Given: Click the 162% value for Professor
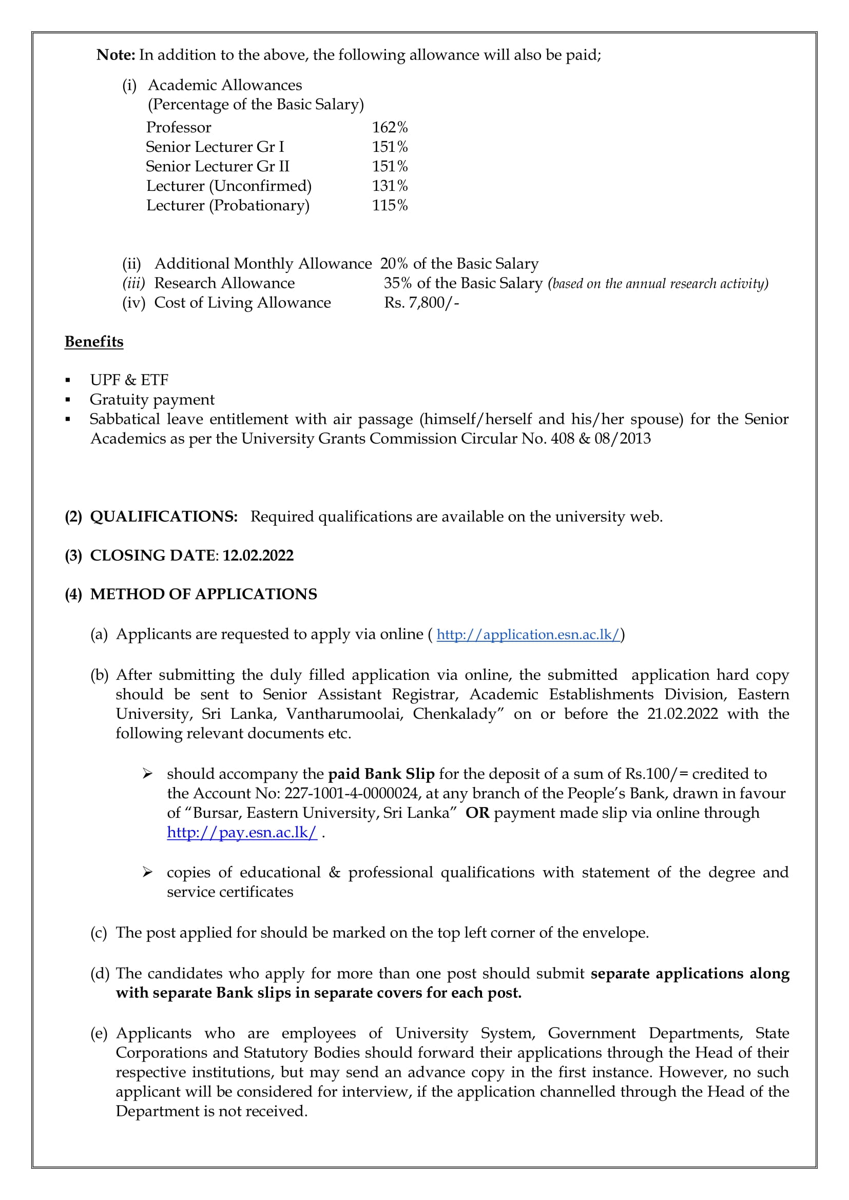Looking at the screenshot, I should pyautogui.click(x=390, y=128).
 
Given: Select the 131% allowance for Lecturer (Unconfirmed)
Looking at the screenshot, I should pyautogui.click(x=390, y=186).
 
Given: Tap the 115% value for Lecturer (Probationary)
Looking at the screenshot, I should pyautogui.click(x=390, y=205).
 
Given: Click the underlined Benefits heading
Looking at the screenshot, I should pyautogui.click(x=94, y=342).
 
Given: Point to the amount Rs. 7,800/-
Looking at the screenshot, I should pyautogui.click(x=421, y=303).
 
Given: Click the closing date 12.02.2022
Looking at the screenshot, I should pyautogui.click(x=258, y=556).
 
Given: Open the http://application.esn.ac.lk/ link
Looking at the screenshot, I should pyautogui.click(x=528, y=635).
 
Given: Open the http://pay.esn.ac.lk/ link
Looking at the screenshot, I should pyautogui.click(x=242, y=833).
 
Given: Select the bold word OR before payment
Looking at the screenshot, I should pyautogui.click(x=477, y=813).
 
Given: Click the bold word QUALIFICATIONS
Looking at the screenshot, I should pyautogui.click(x=164, y=517).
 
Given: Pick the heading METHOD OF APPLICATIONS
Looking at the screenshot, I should pyautogui.click(x=203, y=594).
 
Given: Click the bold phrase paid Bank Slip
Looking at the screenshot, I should pyautogui.click(x=381, y=774).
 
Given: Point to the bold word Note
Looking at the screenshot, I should pyautogui.click(x=115, y=55).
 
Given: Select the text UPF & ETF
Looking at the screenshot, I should pyautogui.click(x=129, y=380).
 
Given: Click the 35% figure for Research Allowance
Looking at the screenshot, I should pyautogui.click(x=397, y=283).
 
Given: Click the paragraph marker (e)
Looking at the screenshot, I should pyautogui.click(x=99, y=1033).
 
